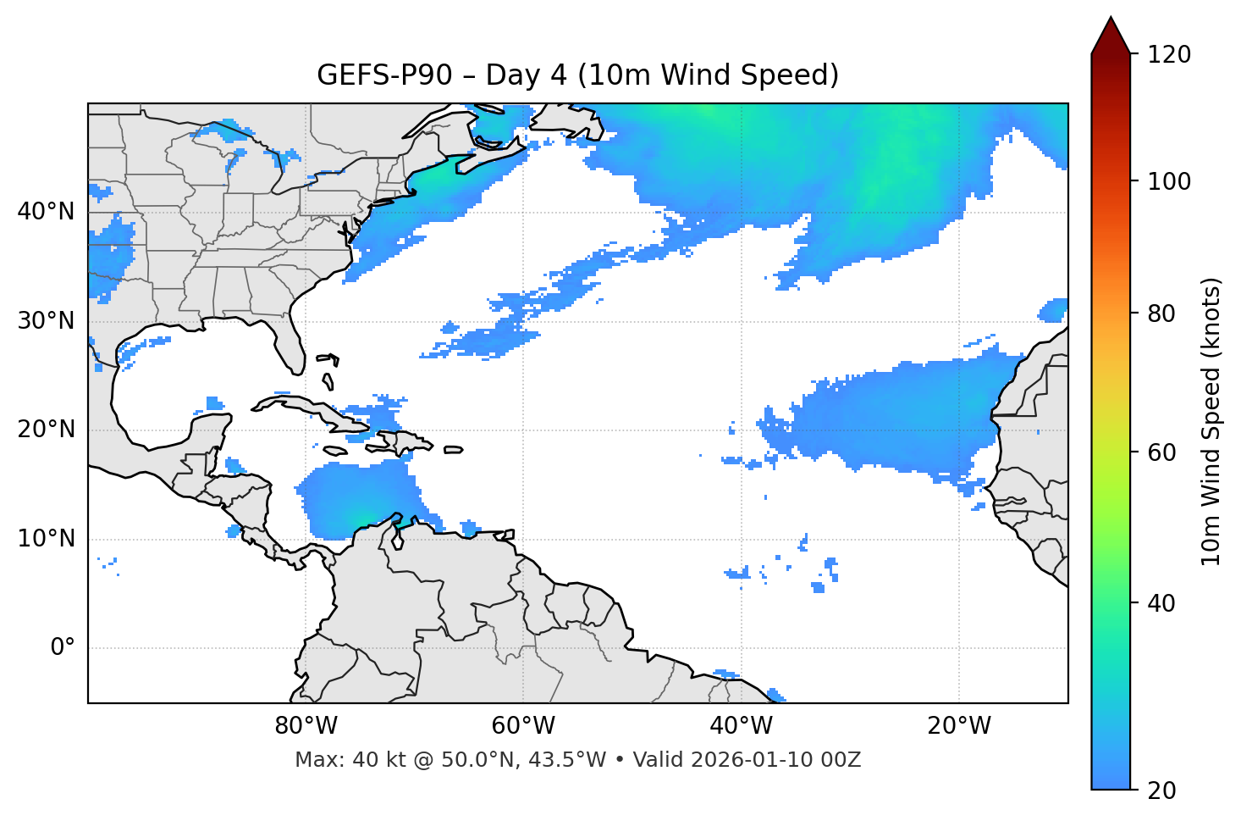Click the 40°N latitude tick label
[46, 212]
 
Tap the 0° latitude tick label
[63, 648]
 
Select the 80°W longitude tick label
[306, 726]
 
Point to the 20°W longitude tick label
[959, 726]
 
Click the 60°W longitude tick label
[523, 726]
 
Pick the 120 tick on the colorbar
[1169, 55]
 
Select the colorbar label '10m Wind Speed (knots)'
[1211, 421]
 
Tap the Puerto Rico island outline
[453, 450]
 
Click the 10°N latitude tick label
[46, 539]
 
